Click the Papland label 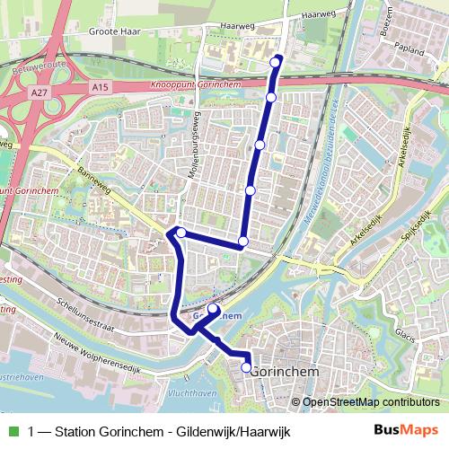[x=408, y=52]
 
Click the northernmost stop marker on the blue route [x=277, y=60]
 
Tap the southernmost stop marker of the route [x=246, y=366]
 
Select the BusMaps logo [x=407, y=429]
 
